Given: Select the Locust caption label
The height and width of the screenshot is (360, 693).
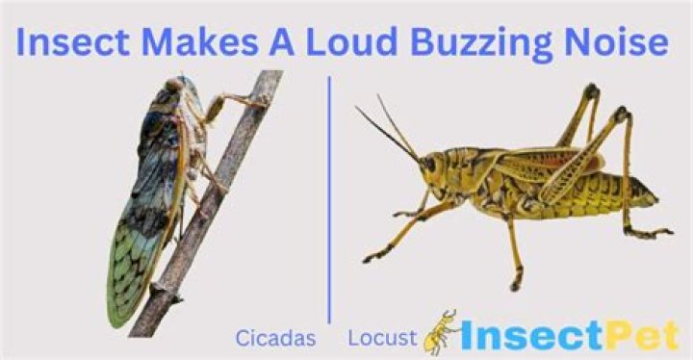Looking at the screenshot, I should click(382, 338).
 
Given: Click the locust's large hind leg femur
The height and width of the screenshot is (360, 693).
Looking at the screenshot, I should click(574, 173).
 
